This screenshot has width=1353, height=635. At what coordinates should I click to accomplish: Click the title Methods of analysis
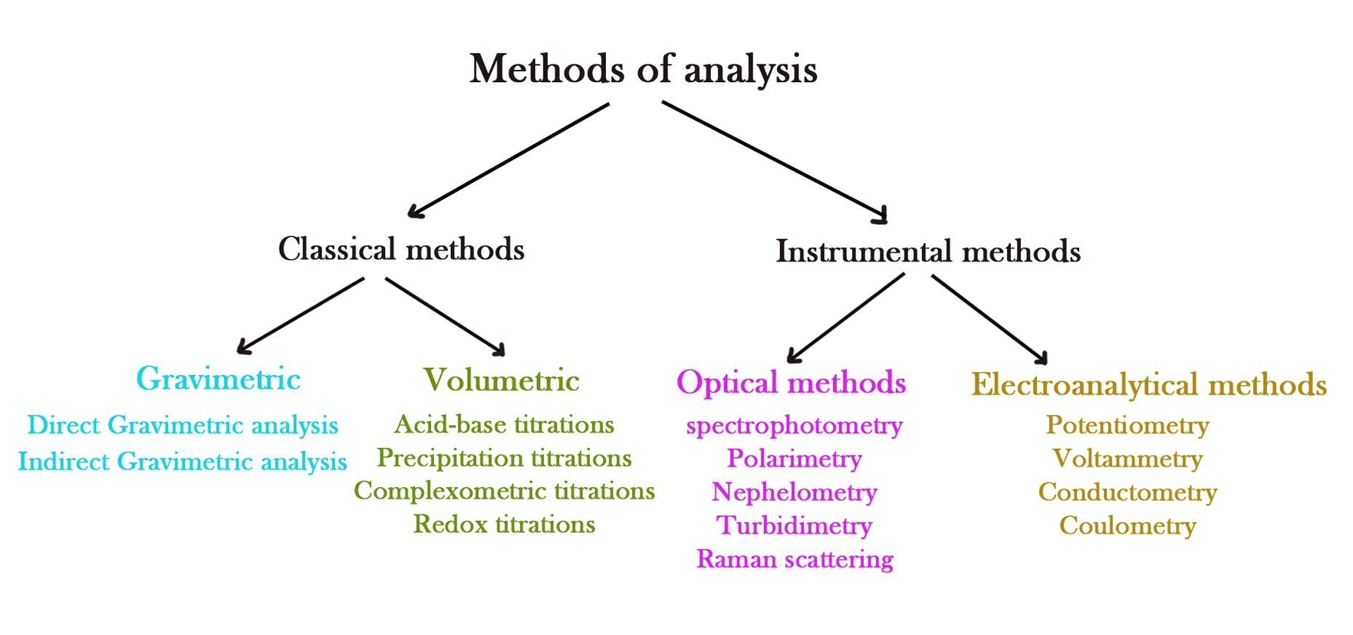643,69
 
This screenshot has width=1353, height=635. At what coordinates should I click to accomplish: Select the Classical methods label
401,249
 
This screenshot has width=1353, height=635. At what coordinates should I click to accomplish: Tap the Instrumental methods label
928,252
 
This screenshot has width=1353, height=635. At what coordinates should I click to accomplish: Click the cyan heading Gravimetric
219,379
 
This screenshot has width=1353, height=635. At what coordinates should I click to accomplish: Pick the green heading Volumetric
502,380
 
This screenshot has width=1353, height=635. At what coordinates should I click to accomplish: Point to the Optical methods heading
791,383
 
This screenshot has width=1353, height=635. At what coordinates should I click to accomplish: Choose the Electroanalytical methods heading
1148,385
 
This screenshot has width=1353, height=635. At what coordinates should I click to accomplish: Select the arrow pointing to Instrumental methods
775,161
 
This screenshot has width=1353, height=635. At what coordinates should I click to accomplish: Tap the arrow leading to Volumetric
445,317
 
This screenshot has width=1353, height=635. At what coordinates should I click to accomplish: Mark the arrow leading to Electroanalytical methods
989,318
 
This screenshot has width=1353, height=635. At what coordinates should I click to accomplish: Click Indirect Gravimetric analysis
183,462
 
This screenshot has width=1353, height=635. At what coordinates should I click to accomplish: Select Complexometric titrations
504,491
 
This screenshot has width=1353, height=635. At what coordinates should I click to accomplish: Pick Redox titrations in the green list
504,525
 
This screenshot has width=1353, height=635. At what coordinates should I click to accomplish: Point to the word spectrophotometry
794,426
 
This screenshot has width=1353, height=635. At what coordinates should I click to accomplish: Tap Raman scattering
795,559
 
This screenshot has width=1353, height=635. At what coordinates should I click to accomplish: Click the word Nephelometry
794,492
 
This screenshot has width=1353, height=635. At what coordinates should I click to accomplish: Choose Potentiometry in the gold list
1127,426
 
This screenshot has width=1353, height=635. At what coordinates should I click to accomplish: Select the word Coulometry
1127,526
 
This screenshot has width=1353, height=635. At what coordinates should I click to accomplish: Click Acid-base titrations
504,425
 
